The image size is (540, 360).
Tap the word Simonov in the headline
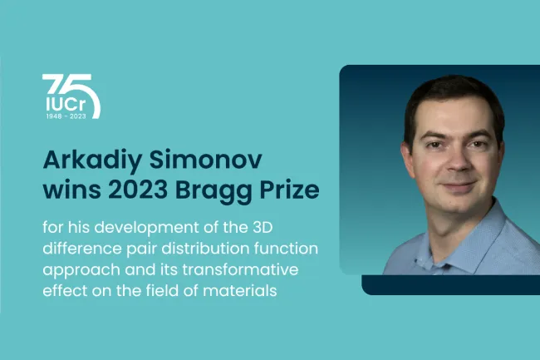coord(205,160)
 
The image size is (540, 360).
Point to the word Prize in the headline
coord(289,190)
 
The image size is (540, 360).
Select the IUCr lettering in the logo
coord(66,105)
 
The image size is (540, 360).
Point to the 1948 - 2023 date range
coord(66,116)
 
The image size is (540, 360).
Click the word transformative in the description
coord(240,269)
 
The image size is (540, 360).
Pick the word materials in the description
coord(240,290)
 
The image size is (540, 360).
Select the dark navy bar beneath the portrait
coord(451,285)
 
